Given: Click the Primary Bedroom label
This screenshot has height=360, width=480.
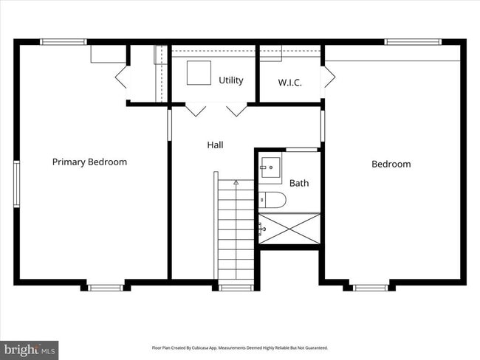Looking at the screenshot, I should coord(89,162).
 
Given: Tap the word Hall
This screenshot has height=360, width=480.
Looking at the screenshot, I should coord(215,145).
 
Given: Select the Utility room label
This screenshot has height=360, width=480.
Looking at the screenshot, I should coord(230,80).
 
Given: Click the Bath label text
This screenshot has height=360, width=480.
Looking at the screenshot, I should coord(299,183).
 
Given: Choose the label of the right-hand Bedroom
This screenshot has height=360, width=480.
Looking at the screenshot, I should coord(391,164).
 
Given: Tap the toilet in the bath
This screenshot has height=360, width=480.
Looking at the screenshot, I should coord(272,199).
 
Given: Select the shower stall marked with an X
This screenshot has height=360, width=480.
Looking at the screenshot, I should coord(289,228).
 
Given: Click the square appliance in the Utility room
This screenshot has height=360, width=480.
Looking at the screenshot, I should coord(198,73).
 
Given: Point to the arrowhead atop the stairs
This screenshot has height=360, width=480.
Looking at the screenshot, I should coord(236,181).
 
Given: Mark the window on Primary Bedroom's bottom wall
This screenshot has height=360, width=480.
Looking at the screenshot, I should coord(106,287).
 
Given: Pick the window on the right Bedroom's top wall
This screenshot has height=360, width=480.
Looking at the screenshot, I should coord(413,42).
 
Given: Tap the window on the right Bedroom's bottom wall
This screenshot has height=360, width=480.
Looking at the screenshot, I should coord(370,287).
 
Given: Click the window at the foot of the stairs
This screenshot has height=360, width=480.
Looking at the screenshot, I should coord(236,287).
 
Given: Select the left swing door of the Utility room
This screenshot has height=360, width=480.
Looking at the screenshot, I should coord(195,110).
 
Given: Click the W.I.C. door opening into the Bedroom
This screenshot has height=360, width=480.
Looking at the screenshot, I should coord(329,76).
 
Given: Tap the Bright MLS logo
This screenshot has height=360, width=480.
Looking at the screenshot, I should coord(30,349).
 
